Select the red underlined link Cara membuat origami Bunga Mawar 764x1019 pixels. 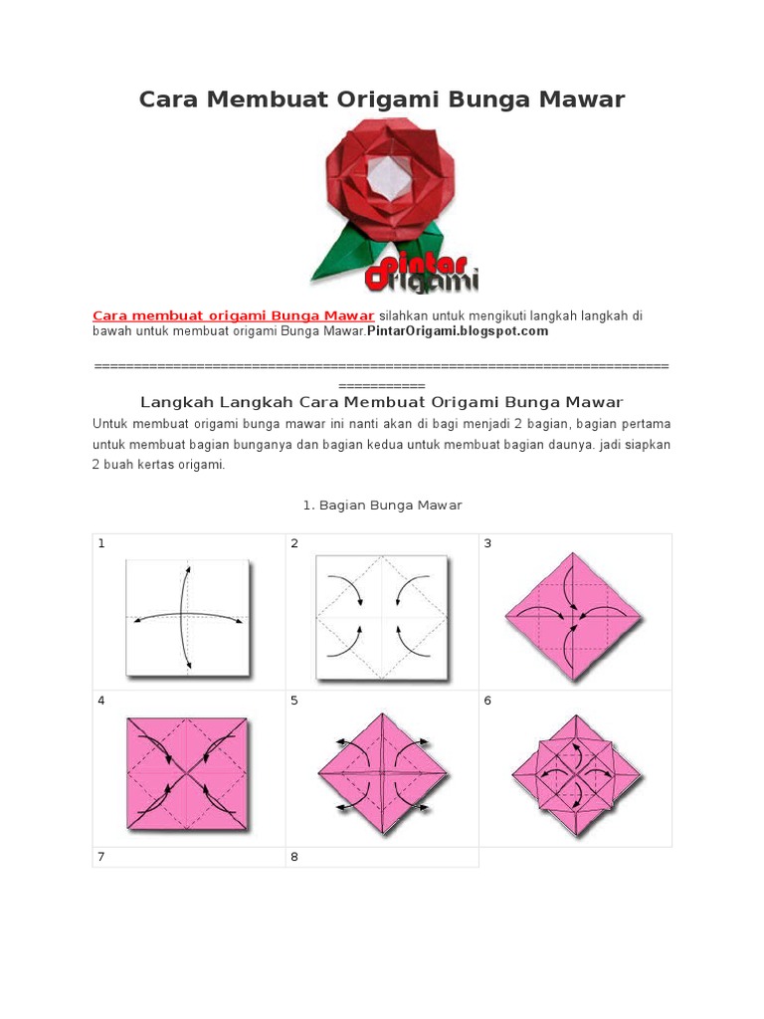point(233,315)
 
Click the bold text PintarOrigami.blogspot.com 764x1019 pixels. point(458,331)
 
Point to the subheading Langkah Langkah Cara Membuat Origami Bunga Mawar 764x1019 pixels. point(382,402)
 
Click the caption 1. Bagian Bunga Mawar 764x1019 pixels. point(382,506)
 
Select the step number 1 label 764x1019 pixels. point(101,543)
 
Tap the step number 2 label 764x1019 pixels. point(294,543)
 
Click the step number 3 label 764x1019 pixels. point(487,543)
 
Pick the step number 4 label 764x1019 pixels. point(101,701)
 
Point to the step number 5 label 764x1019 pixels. point(294,701)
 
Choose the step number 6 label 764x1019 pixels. point(487,701)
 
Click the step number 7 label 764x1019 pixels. point(101,857)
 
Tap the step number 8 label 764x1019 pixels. point(294,857)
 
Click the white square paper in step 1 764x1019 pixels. point(186,617)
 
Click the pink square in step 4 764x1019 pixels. point(186,773)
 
